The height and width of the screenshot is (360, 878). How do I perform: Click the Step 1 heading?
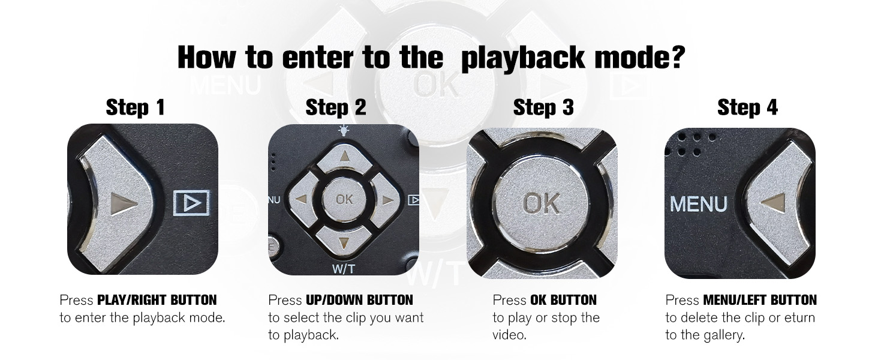point(135,107)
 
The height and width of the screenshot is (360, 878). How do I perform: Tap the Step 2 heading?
point(335,107)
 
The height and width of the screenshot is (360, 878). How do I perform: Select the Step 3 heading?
point(543,107)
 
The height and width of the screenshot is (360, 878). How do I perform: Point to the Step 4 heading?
point(747,107)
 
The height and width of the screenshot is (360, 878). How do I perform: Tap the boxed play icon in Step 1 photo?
point(192,203)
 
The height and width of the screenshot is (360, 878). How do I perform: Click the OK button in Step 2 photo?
point(344,199)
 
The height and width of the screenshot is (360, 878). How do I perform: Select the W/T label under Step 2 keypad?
point(344,269)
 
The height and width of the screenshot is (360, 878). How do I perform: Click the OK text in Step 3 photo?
point(540,203)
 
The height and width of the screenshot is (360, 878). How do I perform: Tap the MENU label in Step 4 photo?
point(699,204)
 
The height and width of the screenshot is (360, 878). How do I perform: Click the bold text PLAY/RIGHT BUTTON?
point(157,300)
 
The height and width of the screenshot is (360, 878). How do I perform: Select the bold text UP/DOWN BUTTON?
point(359,300)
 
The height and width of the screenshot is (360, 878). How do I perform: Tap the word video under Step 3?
point(509,335)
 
